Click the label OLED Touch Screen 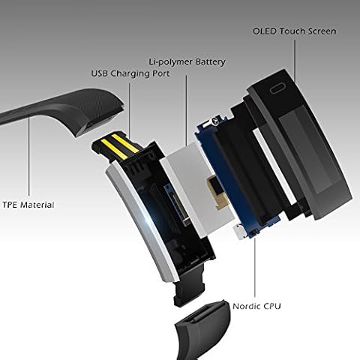pos(294,31)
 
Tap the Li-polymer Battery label pos(187,61)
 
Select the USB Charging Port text pos(130,73)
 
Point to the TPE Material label pos(28,205)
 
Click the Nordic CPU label pos(256,306)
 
